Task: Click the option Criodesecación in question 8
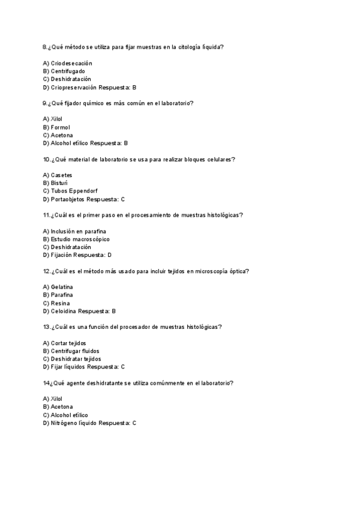point(71,63)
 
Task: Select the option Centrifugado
point(68,71)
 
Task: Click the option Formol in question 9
point(61,127)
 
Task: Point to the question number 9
point(45,103)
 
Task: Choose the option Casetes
point(61,175)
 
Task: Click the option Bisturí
point(59,183)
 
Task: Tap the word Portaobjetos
point(68,199)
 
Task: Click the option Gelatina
point(62,287)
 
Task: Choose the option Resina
point(60,303)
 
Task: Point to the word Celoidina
point(64,311)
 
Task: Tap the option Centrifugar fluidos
point(75,351)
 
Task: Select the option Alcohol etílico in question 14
point(70,415)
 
